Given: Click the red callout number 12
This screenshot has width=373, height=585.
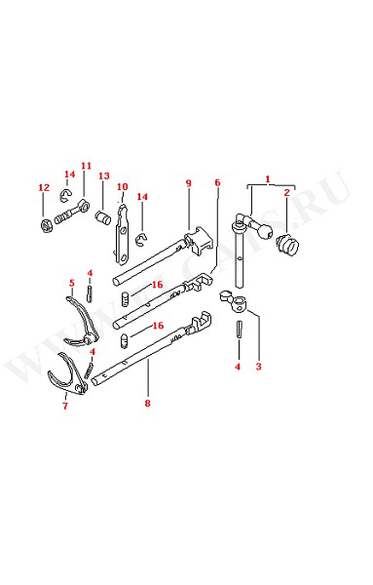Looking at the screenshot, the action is pyautogui.click(x=44, y=187).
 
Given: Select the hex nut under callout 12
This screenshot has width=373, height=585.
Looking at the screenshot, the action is pyautogui.click(x=46, y=226).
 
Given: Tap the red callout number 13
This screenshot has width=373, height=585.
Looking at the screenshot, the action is pyautogui.click(x=104, y=175).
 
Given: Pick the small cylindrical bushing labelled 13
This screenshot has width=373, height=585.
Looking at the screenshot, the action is pyautogui.click(x=102, y=217).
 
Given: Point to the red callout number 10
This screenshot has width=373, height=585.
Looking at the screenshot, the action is pyautogui.click(x=122, y=187).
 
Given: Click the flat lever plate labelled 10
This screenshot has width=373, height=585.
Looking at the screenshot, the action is pyautogui.click(x=122, y=234).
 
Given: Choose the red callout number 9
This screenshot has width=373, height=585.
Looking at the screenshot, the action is pyautogui.click(x=189, y=183).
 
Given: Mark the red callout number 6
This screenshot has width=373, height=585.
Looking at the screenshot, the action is pyautogui.click(x=217, y=182).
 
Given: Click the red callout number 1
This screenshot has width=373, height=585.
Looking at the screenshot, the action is pyautogui.click(x=268, y=179).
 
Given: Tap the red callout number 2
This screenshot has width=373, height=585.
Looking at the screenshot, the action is pyautogui.click(x=287, y=192).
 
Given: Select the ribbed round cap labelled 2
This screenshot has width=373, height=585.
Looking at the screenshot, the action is pyautogui.click(x=287, y=244).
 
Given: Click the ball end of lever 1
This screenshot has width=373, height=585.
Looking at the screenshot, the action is pyautogui.click(x=266, y=231).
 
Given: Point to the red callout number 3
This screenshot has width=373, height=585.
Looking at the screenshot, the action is pyautogui.click(x=259, y=367).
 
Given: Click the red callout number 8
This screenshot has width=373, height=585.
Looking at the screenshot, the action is pyautogui.click(x=148, y=403).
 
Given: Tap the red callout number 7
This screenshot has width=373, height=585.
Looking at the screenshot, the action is pyautogui.click(x=65, y=406).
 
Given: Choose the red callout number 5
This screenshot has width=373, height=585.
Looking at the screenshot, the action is pyautogui.click(x=72, y=283).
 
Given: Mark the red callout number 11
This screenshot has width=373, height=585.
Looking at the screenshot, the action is pyautogui.click(x=86, y=166).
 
